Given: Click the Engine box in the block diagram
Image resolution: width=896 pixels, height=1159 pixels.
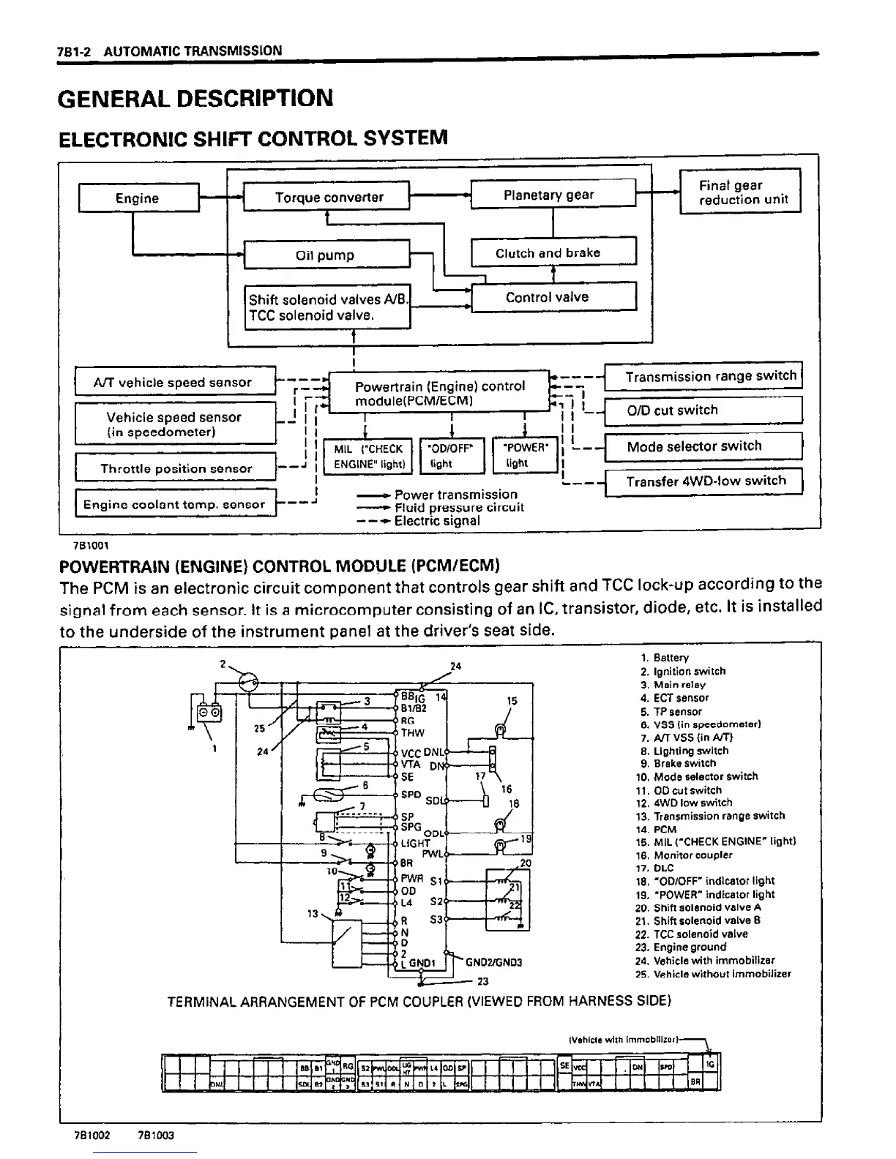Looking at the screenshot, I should click(138, 198).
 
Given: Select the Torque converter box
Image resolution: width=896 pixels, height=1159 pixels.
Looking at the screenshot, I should click(329, 197).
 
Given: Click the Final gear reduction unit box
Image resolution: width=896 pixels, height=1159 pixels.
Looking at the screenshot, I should click(742, 192).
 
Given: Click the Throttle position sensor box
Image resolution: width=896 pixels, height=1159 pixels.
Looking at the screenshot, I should click(176, 468).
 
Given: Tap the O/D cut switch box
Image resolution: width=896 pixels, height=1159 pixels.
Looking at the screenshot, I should click(703, 410).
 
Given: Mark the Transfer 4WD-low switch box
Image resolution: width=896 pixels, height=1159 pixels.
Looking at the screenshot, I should click(703, 481).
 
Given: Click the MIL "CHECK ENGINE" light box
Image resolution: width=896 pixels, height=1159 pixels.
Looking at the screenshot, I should click(367, 456).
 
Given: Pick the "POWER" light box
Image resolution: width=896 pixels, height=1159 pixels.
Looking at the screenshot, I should click(525, 455).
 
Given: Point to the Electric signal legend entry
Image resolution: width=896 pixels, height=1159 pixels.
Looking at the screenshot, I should click(437, 521).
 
